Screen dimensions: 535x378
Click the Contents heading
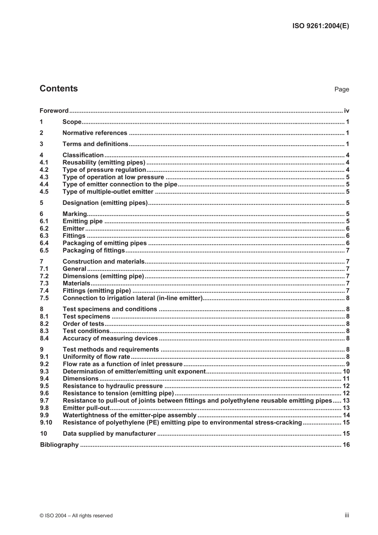tap(58, 89)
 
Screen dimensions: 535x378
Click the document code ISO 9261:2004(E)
tap(321, 26)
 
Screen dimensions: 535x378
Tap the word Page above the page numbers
tap(341, 89)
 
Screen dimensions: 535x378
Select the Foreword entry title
tap(54, 111)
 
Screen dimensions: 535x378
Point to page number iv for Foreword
tap(347, 111)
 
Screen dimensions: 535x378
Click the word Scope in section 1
tap(72, 122)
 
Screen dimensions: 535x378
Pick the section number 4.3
tap(44, 177)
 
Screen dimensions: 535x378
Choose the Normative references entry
tap(95, 133)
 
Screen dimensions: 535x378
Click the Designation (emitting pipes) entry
tap(105, 203)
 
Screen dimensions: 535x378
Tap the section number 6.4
tap(44, 243)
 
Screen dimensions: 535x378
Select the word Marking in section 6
tap(75, 214)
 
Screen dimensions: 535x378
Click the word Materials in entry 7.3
tap(76, 284)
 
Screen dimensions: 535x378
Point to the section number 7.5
tap(44, 298)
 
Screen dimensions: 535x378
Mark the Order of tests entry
tap(83, 324)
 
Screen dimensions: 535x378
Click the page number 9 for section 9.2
tap(348, 364)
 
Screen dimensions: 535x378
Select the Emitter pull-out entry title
tap(86, 408)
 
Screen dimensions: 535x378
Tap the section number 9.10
tap(46, 422)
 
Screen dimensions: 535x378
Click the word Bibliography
tap(59, 445)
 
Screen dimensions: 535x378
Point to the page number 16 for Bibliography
tap(346, 445)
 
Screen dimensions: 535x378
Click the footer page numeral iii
tap(347, 515)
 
